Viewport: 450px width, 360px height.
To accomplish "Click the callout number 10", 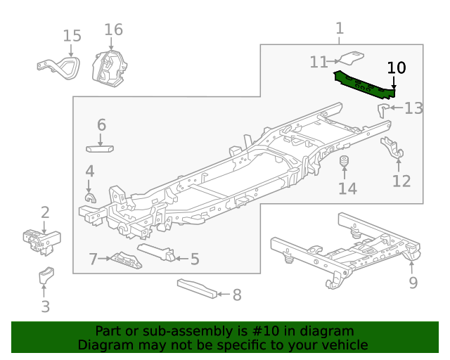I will click(397, 67).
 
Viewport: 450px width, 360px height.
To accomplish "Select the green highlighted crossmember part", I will click(364, 84).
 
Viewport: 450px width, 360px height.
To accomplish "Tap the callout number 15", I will click(72, 36).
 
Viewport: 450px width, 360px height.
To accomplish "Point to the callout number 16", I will click(113, 30).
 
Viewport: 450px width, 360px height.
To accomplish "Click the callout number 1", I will click(340, 28).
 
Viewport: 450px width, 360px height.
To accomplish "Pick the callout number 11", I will click(319, 63).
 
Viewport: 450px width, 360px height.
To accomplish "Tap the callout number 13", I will click(414, 108).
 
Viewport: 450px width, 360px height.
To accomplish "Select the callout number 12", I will click(401, 181).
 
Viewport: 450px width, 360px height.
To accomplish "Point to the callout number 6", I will click(101, 125).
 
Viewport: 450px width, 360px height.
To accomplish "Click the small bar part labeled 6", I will click(100, 148).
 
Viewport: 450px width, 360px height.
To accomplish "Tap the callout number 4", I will click(89, 171).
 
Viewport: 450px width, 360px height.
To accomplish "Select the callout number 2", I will click(45, 212).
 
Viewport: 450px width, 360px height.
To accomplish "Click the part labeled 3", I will click(46, 276).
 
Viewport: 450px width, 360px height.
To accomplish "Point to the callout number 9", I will click(413, 283).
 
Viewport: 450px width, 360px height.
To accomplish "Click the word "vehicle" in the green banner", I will click(343, 345).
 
